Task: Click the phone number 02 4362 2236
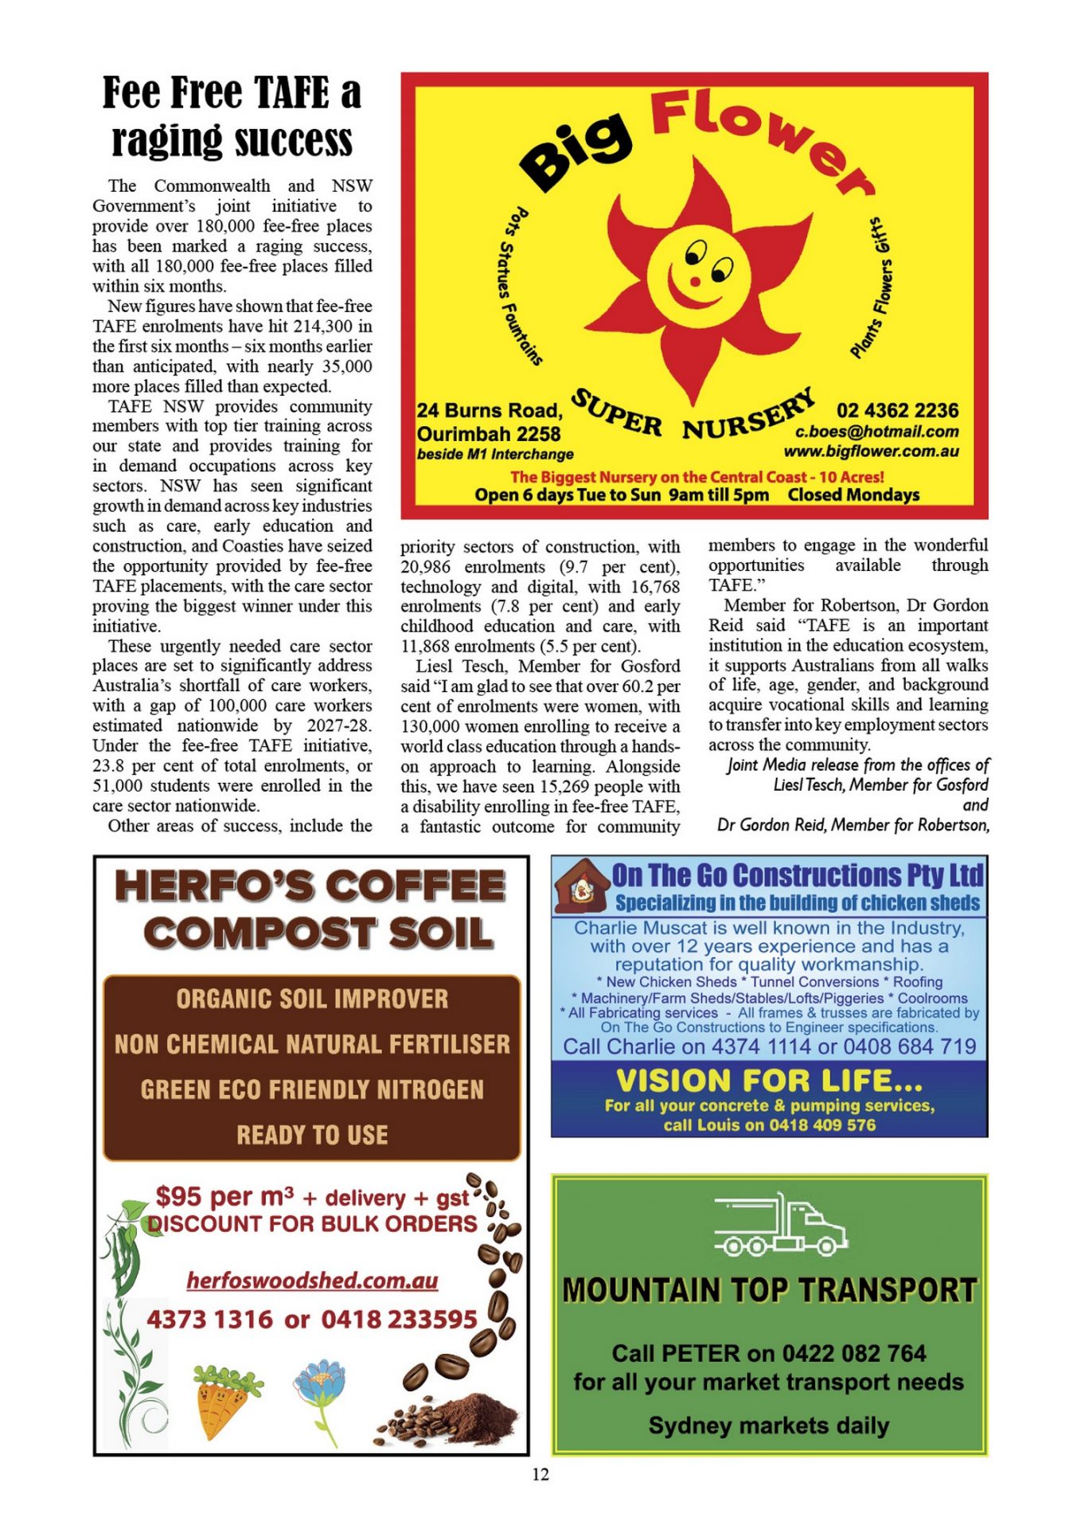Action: (896, 411)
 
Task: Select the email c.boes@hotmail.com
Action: (876, 432)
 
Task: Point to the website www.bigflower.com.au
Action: (871, 452)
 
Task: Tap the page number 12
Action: (540, 1474)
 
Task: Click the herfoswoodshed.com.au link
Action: (312, 1280)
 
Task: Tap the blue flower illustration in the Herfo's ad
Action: (320, 1392)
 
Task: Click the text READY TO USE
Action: (312, 1135)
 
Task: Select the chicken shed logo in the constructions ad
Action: (582, 886)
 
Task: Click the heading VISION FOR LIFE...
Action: (769, 1081)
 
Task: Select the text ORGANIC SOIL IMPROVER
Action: (312, 999)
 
